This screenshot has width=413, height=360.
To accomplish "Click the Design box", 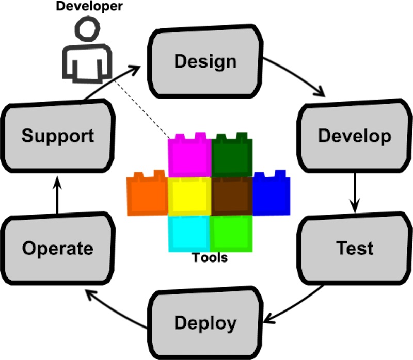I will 205,61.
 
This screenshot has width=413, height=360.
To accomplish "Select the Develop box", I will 354,136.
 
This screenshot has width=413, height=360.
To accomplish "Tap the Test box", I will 354,248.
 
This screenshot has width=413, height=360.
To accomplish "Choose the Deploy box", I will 205,323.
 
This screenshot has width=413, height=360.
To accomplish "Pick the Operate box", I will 57,249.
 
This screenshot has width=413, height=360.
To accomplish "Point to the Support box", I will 57,136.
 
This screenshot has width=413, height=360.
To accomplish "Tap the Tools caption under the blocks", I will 210,257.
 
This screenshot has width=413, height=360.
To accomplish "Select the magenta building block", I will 189,156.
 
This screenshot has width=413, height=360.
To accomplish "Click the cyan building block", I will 188,234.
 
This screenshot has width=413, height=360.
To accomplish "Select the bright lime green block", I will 231,234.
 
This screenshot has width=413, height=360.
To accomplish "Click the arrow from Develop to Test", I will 354,192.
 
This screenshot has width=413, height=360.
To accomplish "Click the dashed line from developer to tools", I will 142,108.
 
